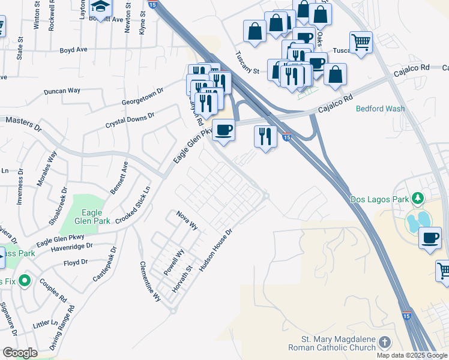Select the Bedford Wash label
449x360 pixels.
pos(380,109)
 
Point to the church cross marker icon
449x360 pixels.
pos(384,342)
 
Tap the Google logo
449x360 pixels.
pos(20,353)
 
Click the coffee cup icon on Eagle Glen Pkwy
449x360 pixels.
pos(224,130)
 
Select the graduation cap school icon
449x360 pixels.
pos(100,7)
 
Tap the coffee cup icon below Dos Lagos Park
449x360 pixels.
pos(430,238)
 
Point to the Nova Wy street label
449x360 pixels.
pos(187,220)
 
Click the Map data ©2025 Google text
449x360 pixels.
pos(411,355)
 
